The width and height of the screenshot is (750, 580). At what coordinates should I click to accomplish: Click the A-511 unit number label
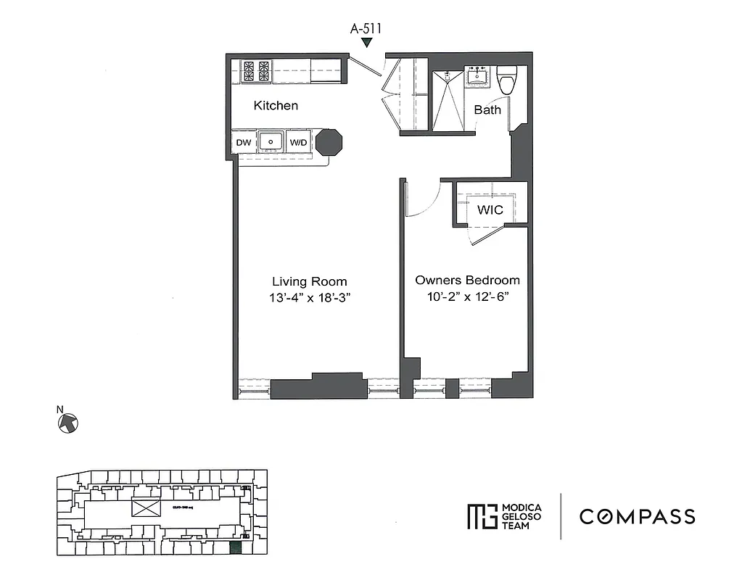coord(366,29)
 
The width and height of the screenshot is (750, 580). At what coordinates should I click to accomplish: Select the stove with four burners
coord(257,71)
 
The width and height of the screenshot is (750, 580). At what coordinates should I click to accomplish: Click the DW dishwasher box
coord(244,143)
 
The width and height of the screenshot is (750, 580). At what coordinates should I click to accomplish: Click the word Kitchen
coord(276,106)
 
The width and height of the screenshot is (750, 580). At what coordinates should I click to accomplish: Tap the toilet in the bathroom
coord(507,79)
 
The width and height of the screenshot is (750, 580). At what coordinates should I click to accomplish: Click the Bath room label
coord(487,110)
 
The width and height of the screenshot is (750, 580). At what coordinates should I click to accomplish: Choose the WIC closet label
coord(490,210)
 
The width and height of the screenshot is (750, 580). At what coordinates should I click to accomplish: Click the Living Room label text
coord(309,281)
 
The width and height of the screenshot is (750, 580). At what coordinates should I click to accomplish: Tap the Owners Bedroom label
coord(467,280)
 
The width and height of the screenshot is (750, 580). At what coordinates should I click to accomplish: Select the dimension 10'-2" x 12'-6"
coord(467,297)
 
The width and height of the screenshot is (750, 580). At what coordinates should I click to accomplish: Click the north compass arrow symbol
coord(67,422)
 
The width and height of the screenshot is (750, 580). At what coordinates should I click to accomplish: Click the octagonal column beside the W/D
coord(329,142)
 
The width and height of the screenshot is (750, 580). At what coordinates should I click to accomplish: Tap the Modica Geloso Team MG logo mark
coord(480,516)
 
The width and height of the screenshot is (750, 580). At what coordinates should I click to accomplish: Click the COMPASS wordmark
coord(637,517)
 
